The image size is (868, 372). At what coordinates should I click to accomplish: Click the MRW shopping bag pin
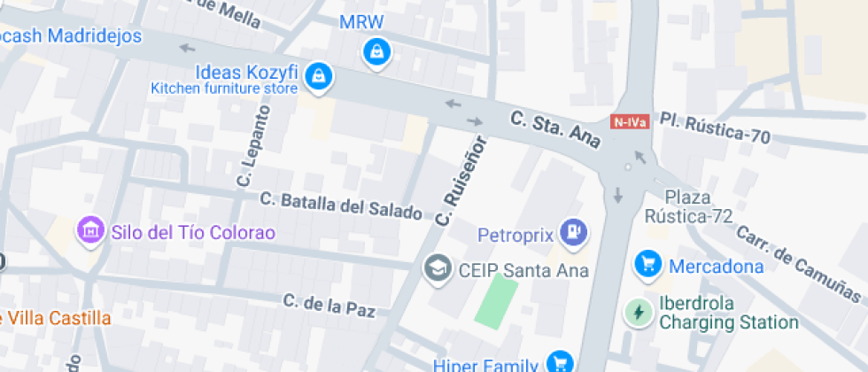point(376,51)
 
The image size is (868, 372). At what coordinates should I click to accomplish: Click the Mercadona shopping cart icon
point(648,264)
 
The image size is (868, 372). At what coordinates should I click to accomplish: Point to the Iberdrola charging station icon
point(638,313)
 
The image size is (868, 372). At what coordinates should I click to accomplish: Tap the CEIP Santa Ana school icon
point(436,267)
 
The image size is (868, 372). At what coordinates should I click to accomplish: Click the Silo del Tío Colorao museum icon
point(89,232)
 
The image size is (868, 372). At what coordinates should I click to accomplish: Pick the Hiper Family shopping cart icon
point(559,362)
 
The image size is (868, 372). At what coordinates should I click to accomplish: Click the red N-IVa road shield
point(630,123)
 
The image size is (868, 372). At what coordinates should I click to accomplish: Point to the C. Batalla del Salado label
point(341,205)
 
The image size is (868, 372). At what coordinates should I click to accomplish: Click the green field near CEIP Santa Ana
point(496,300)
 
